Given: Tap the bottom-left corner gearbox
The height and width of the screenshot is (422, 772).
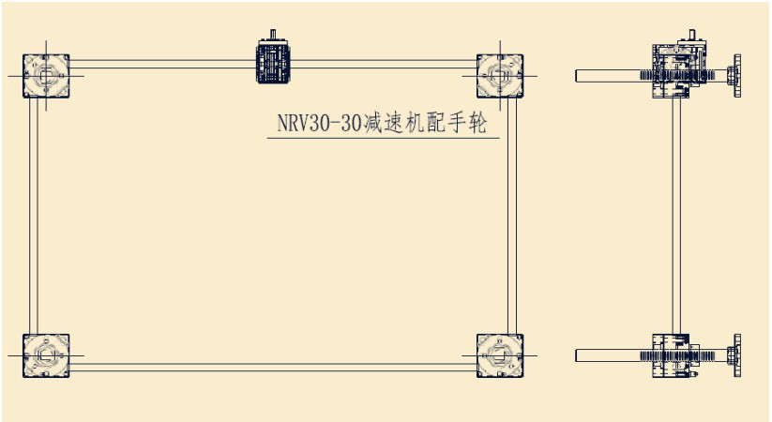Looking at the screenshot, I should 45,355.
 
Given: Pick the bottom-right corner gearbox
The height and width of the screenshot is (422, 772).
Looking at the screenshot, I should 499,355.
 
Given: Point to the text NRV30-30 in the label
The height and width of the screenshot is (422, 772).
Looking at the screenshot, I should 319,124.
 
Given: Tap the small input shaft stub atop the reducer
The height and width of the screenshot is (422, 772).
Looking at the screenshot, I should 273,37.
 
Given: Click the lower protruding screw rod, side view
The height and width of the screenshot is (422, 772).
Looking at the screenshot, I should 605,354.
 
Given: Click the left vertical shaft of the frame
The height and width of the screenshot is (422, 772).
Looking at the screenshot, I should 34,216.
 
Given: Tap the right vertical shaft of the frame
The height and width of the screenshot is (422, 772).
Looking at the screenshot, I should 512,216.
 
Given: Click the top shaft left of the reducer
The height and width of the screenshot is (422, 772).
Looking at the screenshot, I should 159,64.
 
